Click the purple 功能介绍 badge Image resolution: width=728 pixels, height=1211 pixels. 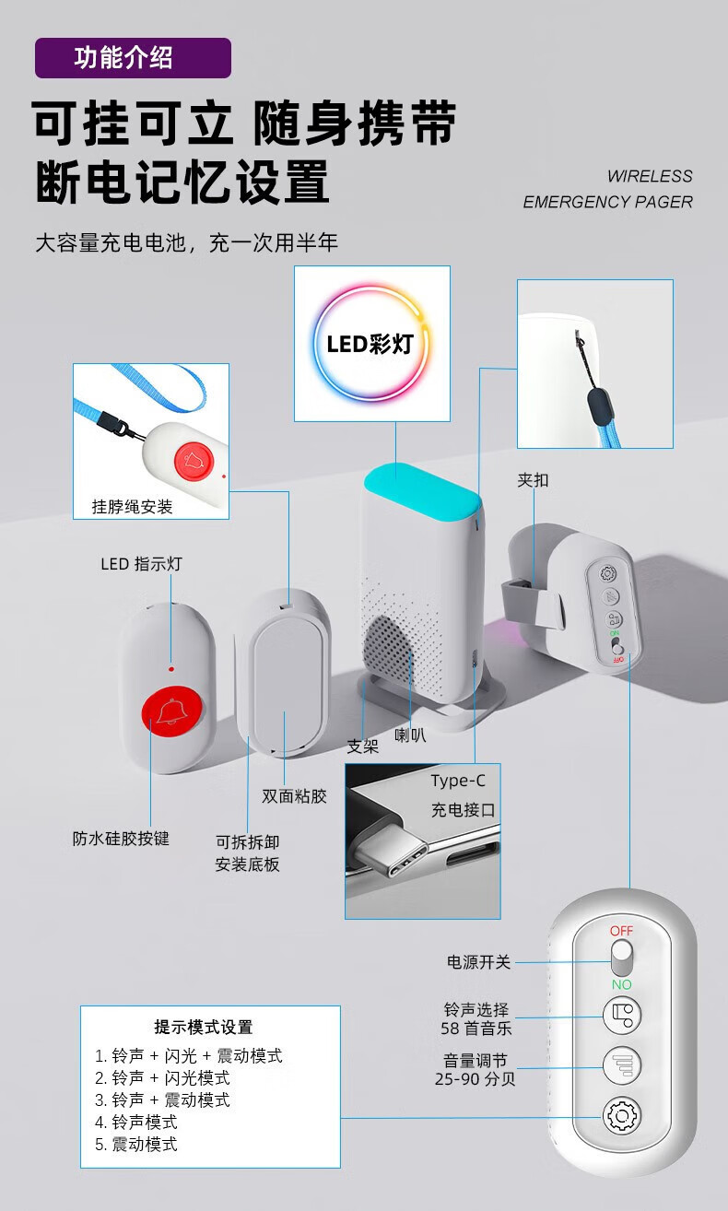pos(133,58)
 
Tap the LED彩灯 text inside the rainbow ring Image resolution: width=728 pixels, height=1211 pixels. pos(370,345)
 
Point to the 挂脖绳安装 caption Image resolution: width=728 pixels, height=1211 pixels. pos(132,507)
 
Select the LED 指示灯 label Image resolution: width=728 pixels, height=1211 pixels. pos(141,564)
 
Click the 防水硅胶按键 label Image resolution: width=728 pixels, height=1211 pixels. pos(121,839)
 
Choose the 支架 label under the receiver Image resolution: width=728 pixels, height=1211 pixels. pos(362,747)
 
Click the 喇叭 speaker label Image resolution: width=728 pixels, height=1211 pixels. pos(410,735)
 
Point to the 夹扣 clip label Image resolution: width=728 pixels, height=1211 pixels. pos(533,480)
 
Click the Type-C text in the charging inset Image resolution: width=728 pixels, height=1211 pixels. pos(458,782)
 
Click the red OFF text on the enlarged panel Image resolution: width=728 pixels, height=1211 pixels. pos(621,931)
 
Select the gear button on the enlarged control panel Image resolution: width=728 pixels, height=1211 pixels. pos(621,1116)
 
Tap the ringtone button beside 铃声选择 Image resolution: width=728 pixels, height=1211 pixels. pos(621,1016)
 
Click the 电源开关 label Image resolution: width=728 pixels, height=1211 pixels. pos(478,962)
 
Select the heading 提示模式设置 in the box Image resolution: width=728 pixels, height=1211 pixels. pos(203,1028)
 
